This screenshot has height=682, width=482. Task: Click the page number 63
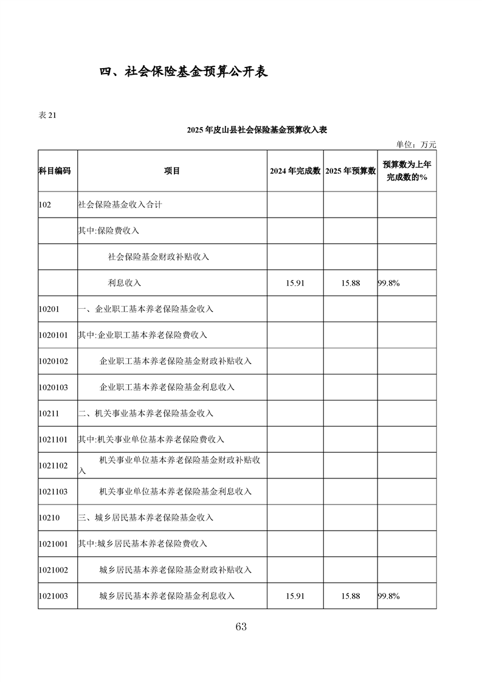point(241,627)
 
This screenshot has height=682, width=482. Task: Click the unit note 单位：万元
point(416,145)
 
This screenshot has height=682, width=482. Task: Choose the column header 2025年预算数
point(350,171)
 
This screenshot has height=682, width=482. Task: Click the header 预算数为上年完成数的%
point(407,171)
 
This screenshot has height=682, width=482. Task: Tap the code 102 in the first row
point(44,205)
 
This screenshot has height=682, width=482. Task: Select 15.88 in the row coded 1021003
point(350,596)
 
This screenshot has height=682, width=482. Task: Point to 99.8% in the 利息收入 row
point(389,283)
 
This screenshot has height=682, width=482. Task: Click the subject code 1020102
point(53,361)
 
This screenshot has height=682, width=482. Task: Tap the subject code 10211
point(49,413)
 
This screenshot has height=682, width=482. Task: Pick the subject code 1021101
point(53,439)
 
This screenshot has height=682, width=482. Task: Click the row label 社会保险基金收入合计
point(120,205)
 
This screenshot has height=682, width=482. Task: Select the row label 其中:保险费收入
point(109,231)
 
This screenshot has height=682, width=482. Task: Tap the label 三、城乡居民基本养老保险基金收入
point(146,518)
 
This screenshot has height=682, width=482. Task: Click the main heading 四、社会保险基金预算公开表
point(184,72)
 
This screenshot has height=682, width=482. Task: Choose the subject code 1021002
point(53,570)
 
